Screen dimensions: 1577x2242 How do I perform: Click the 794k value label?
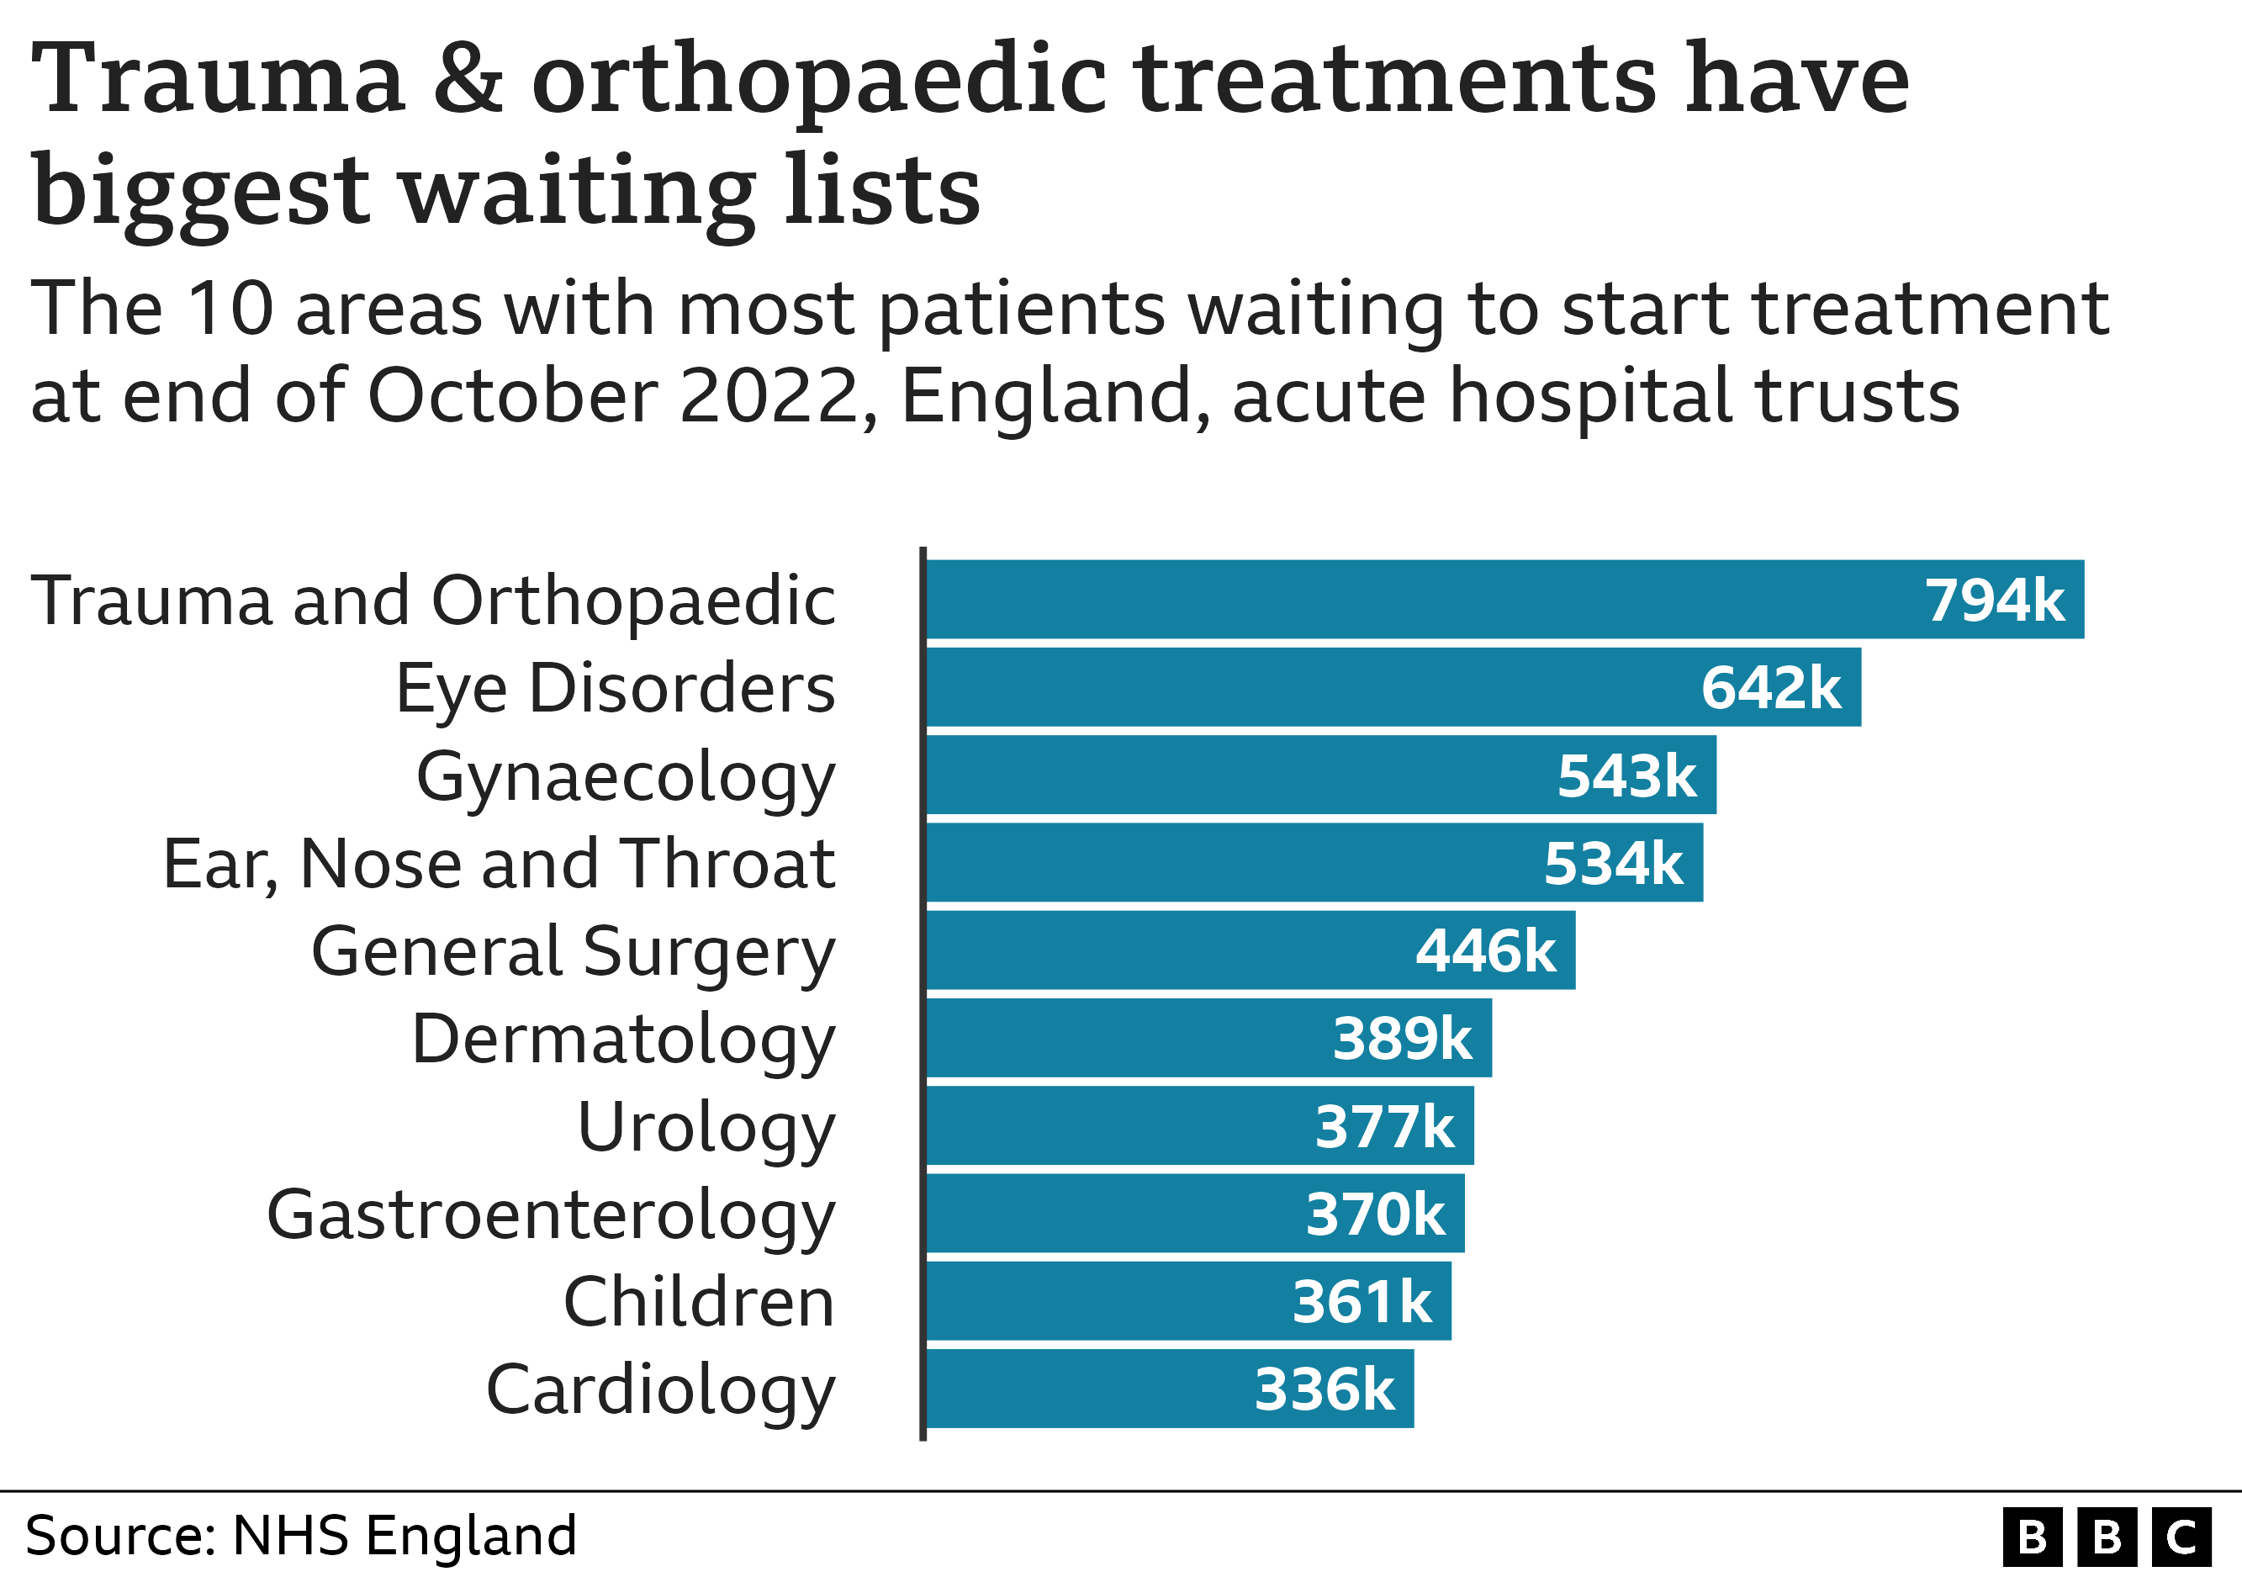[1994, 600]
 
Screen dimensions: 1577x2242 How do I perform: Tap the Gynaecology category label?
[625, 776]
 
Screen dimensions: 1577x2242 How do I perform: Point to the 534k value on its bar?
[1613, 863]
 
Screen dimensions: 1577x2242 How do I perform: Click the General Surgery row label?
[574, 951]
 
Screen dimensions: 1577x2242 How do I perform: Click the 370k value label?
[1375, 1214]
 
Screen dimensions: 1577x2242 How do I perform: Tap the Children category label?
[699, 1302]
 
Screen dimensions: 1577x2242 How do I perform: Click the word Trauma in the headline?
[218, 80]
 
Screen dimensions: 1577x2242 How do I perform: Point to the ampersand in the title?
[468, 80]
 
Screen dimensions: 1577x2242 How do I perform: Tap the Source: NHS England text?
[301, 1535]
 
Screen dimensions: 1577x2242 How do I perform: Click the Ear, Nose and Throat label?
[498, 864]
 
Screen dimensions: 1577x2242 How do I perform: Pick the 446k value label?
[1485, 951]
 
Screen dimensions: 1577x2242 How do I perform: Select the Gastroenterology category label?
[551, 1215]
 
